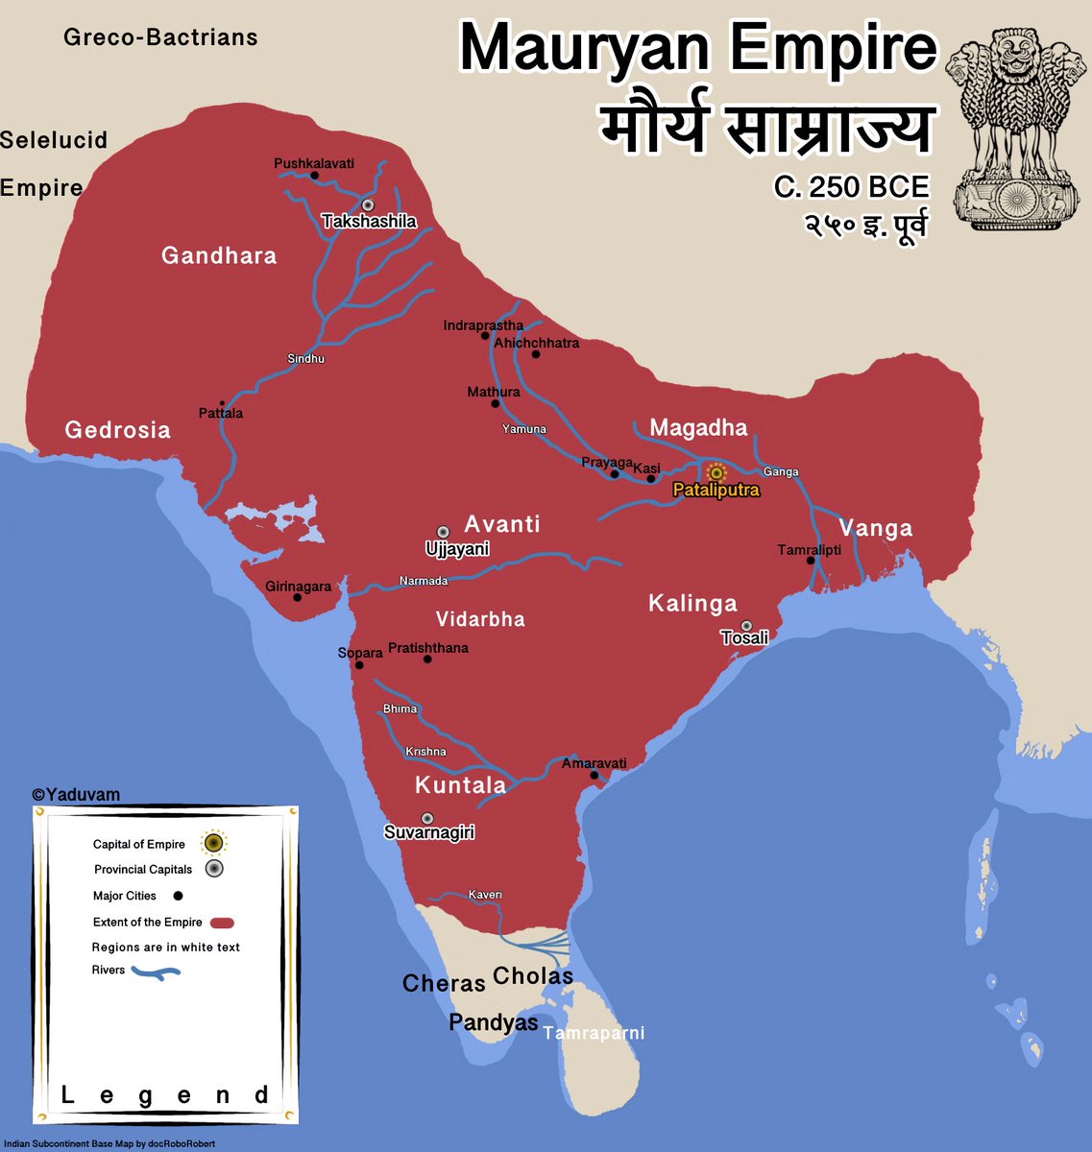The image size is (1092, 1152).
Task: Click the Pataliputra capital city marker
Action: (x=716, y=473)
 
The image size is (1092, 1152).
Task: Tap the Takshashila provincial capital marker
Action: (x=367, y=204)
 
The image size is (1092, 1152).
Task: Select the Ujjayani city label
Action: (x=457, y=549)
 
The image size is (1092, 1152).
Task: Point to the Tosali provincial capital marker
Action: (x=746, y=626)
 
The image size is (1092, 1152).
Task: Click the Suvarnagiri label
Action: (x=429, y=832)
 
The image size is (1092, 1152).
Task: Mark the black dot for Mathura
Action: (x=496, y=404)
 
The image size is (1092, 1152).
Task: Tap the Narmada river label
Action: (x=424, y=581)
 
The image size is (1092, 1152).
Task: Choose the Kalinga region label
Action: (x=692, y=604)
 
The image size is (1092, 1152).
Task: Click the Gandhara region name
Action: (x=219, y=255)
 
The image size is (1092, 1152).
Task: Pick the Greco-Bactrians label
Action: (x=160, y=37)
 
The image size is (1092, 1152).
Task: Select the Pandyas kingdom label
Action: (x=494, y=1022)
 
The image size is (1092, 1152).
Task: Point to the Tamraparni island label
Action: (x=594, y=1033)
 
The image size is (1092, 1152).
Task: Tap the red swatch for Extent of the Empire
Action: (x=222, y=923)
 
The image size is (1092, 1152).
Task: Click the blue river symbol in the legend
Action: (x=155, y=973)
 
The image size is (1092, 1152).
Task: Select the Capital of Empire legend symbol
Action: (x=213, y=843)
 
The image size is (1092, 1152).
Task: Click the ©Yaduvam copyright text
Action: (x=76, y=795)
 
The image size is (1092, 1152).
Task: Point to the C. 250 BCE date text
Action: (x=851, y=186)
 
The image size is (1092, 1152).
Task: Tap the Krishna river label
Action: (x=425, y=752)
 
